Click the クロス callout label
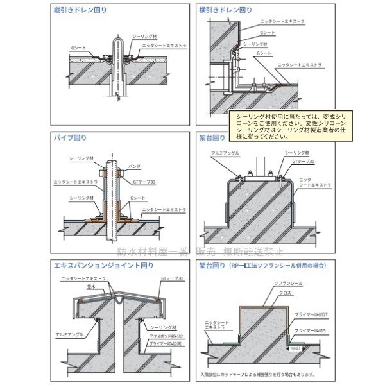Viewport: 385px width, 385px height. point(283,292)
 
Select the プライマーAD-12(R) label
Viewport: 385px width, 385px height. point(164,344)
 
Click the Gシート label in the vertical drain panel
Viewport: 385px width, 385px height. point(76,47)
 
